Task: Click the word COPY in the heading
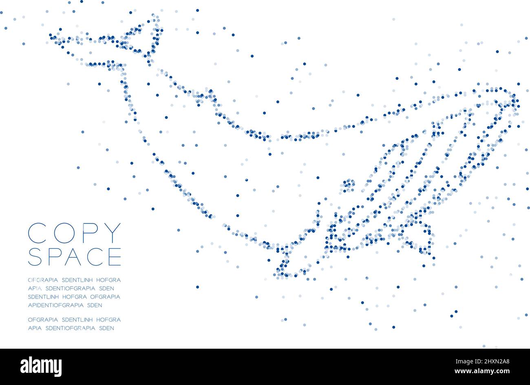pos(74,233)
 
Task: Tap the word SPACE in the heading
pos(74,257)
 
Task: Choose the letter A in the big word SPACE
pos(73,257)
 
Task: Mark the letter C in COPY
pos(35,233)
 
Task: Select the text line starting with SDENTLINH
pos(74,296)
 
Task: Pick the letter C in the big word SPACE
pos(95,257)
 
